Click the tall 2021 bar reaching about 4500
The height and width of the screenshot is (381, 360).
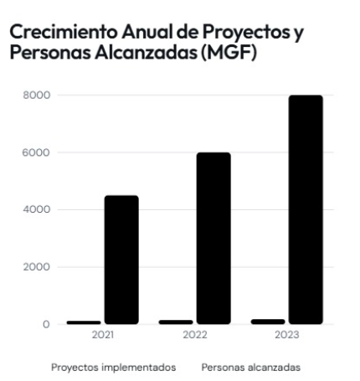pyautogui.click(x=121, y=260)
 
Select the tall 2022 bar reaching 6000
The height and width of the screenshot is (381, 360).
pyautogui.click(x=213, y=238)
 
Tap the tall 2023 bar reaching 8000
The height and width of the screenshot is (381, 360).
pyautogui.click(x=306, y=209)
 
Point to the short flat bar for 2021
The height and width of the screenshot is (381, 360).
pyautogui.click(x=84, y=322)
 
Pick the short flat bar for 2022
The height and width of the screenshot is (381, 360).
pyautogui.click(x=176, y=322)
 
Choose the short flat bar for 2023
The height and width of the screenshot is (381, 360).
pyautogui.click(x=268, y=322)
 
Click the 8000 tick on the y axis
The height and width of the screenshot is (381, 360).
pyautogui.click(x=37, y=95)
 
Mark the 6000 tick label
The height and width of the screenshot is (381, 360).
pyautogui.click(x=36, y=152)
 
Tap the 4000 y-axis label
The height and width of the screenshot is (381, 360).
pyautogui.click(x=37, y=209)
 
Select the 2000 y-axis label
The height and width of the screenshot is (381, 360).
pyautogui.click(x=37, y=267)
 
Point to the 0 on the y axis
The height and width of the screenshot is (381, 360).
pyautogui.click(x=46, y=324)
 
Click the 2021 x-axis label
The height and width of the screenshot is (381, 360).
pyautogui.click(x=103, y=335)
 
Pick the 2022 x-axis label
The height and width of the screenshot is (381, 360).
pyautogui.click(x=195, y=335)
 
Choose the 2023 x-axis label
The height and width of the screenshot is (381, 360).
pyautogui.click(x=287, y=335)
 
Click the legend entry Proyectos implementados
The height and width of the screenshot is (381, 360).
pyautogui.click(x=114, y=368)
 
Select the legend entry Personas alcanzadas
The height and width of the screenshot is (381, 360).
pyautogui.click(x=251, y=368)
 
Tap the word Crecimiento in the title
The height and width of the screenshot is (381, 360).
pyautogui.click(x=64, y=32)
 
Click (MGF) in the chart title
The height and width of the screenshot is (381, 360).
pyautogui.click(x=229, y=52)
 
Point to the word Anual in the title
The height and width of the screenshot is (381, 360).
pyautogui.click(x=147, y=32)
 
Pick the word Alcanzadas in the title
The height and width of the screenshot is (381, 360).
pyautogui.click(x=146, y=52)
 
